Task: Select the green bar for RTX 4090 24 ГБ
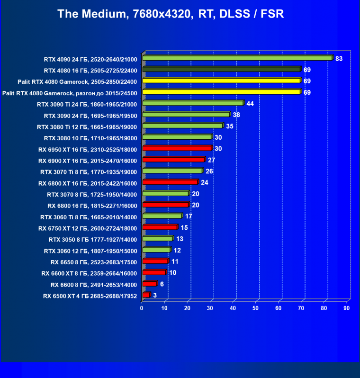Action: pos(237,58)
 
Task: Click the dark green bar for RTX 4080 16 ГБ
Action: pos(221,70)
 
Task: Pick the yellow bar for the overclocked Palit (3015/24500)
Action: pos(221,92)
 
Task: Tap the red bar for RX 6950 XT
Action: pos(177,149)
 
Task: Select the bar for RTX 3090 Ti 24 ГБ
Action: pos(193,103)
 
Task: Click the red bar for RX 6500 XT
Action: pos(146,296)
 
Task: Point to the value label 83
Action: pos(339,59)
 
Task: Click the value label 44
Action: pos(250,103)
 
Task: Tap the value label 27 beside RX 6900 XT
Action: pos(211,160)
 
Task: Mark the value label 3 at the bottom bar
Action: pos(154,296)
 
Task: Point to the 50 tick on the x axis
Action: pos(256,308)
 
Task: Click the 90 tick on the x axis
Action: pos(347,308)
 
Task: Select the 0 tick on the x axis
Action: pos(142,308)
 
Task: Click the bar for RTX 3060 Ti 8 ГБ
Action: pos(162,216)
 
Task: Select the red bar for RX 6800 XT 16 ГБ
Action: pos(170,182)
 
